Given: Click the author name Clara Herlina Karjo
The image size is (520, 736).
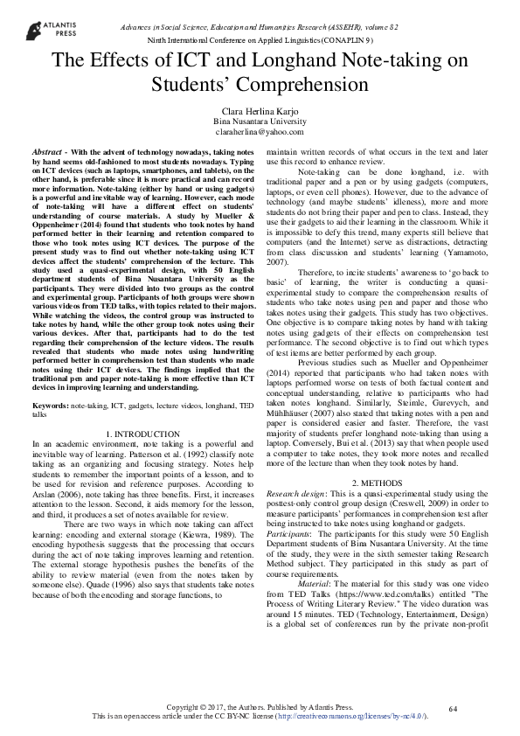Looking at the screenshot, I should pyautogui.click(x=260, y=111).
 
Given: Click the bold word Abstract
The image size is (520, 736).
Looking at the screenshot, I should pyautogui.click(x=45, y=152).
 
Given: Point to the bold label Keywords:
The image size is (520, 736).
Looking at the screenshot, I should pyautogui.click(x=51, y=407).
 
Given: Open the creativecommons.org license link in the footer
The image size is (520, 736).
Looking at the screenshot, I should pyautogui.click(x=349, y=716).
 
